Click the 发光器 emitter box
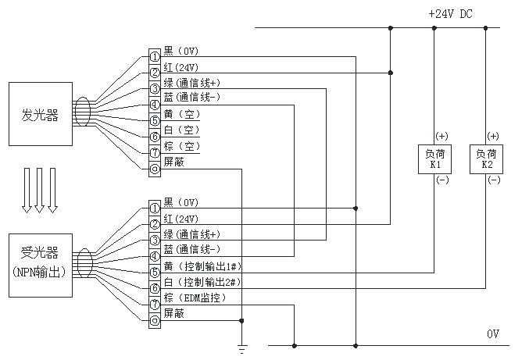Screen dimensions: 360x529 (x=41, y=115)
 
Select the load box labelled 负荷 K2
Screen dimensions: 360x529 (x=486, y=159)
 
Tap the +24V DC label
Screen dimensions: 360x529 (x=450, y=14)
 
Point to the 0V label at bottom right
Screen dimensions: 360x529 (x=493, y=334)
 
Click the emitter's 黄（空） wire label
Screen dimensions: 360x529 (x=181, y=114)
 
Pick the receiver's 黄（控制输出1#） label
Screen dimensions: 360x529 (x=202, y=266)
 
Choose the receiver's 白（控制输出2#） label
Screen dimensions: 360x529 (x=202, y=282)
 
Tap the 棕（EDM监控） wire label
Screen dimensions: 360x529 (x=195, y=298)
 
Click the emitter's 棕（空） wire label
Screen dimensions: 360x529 (x=181, y=146)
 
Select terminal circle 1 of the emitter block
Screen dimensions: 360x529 (x=155, y=57)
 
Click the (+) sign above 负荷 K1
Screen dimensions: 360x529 (x=442, y=137)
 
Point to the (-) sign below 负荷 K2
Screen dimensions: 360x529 (x=493, y=180)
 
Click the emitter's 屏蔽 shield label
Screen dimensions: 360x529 (x=173, y=162)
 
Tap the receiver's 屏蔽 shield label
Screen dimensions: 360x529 (x=173, y=313)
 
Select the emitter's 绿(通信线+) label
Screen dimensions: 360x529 (x=191, y=82)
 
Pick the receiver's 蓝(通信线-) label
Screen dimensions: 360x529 (x=191, y=250)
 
